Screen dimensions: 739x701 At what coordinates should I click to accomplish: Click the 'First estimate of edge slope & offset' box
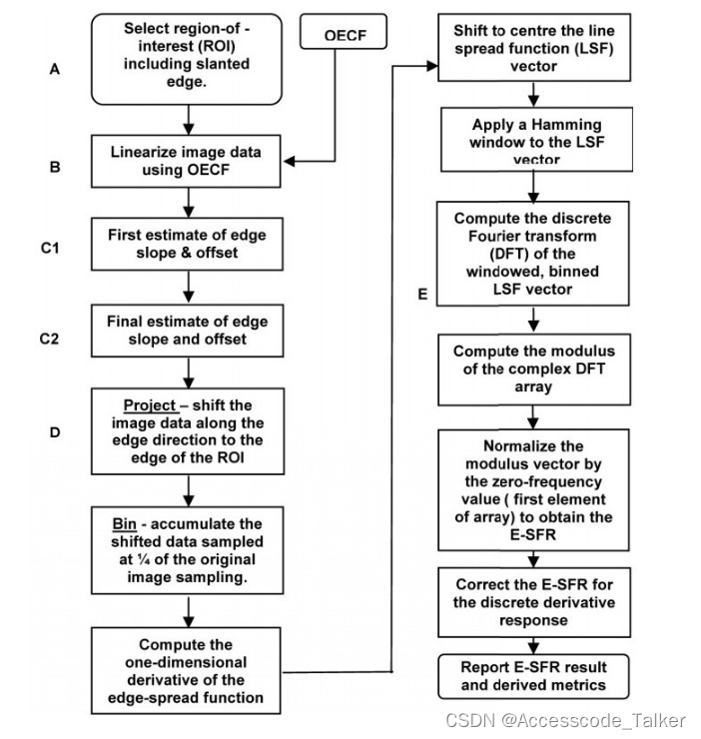(187, 244)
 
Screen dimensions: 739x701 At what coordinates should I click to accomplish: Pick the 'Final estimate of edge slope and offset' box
(187, 331)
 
